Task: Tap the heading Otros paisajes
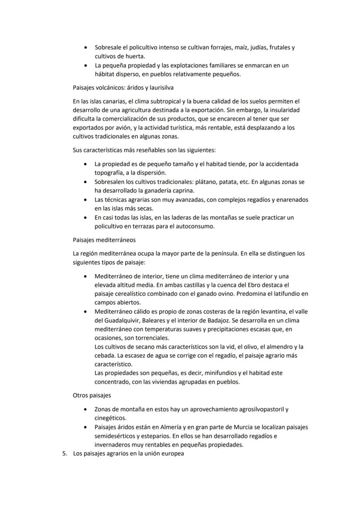91,396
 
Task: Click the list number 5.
65,454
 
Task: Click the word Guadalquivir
120,321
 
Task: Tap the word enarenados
290,200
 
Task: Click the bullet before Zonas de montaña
84,409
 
